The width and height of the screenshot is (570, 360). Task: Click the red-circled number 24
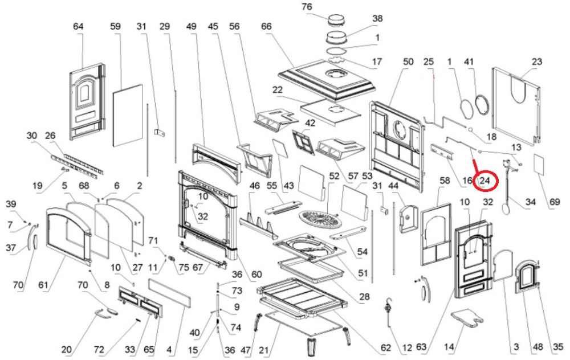point(486,181)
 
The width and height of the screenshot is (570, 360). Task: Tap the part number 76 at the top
point(323,7)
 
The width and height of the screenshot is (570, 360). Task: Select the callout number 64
point(79,26)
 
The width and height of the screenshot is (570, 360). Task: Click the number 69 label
point(554,202)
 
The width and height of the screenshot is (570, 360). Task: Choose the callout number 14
point(450,346)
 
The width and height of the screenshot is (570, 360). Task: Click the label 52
point(334,176)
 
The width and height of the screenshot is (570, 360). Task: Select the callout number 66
point(266,26)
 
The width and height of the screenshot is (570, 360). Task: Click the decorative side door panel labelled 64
point(87,105)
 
